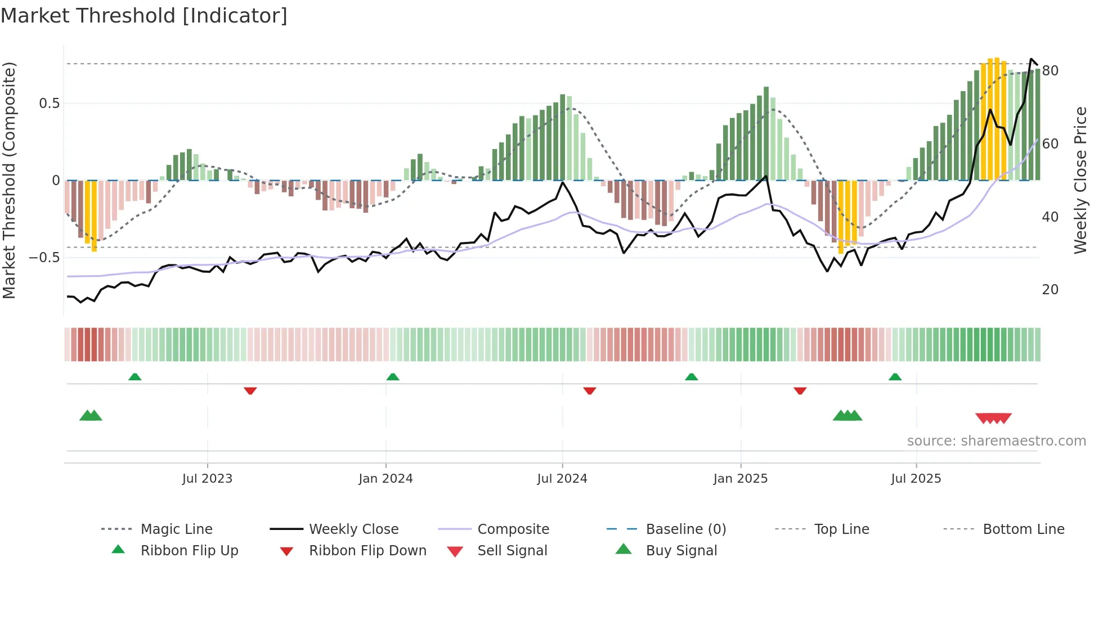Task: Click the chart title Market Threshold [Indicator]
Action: pyautogui.click(x=144, y=16)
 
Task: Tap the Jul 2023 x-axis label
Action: pyautogui.click(x=207, y=478)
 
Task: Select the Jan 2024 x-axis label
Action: pyautogui.click(x=385, y=478)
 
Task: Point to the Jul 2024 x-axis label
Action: pyautogui.click(x=562, y=478)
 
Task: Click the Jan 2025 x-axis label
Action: pyautogui.click(x=740, y=478)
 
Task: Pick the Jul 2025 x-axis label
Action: pyautogui.click(x=916, y=478)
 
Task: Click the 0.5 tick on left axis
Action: pyautogui.click(x=50, y=104)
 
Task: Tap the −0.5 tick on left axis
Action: pyautogui.click(x=44, y=258)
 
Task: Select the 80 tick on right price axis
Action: pyautogui.click(x=1050, y=71)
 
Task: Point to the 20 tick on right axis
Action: pyautogui.click(x=1050, y=290)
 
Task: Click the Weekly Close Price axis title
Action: pyautogui.click(x=1080, y=180)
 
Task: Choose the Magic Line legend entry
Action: pyautogui.click(x=176, y=529)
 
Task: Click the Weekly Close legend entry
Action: pyautogui.click(x=353, y=529)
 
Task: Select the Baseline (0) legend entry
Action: pyautogui.click(x=685, y=529)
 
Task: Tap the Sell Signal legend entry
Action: pyautogui.click(x=512, y=550)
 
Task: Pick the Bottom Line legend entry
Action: pyautogui.click(x=1023, y=529)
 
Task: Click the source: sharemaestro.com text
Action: pyautogui.click(x=996, y=441)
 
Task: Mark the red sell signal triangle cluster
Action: pyautogui.click(x=993, y=418)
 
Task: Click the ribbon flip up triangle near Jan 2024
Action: pyautogui.click(x=393, y=377)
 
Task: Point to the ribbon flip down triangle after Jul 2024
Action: pyautogui.click(x=589, y=390)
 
